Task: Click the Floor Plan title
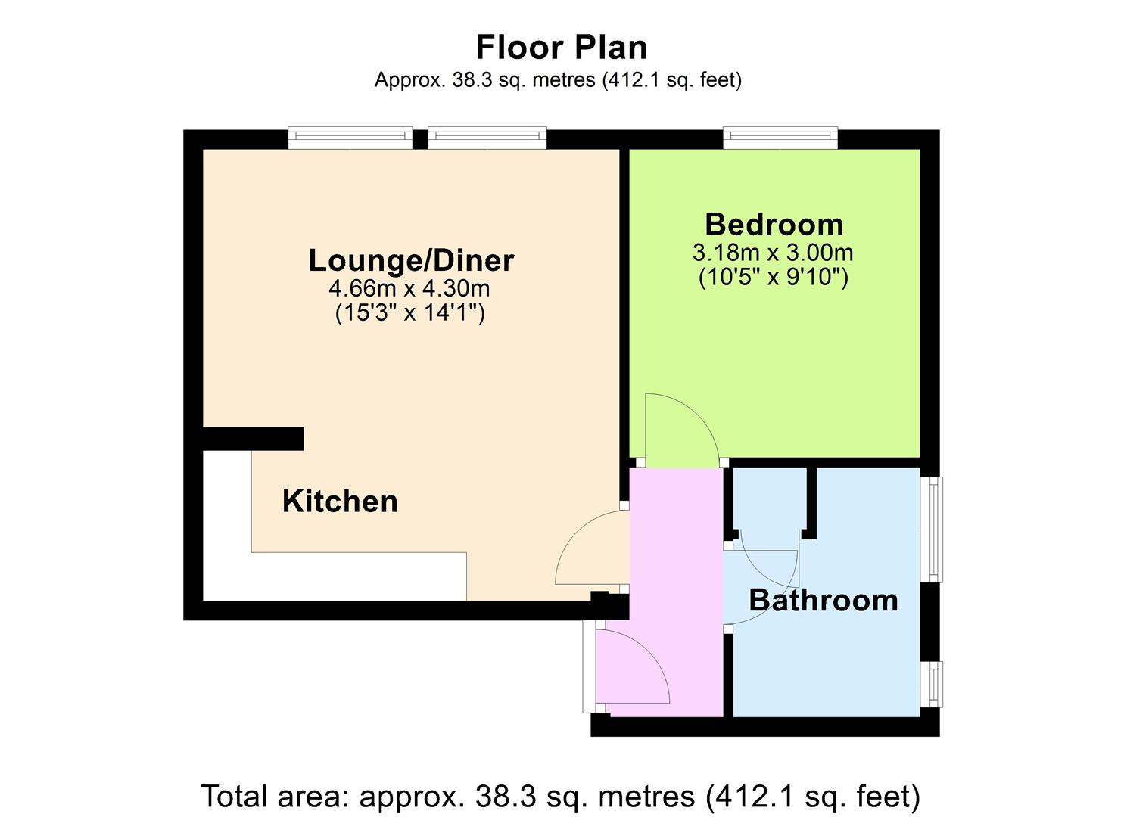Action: tap(562, 47)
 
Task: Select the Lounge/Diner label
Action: tap(411, 260)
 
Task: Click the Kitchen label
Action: tap(340, 501)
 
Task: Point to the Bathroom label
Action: tap(824, 601)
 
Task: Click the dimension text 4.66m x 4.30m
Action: tap(409, 288)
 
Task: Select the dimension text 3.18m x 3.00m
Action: tap(774, 252)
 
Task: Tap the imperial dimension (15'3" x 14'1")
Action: tap(410, 313)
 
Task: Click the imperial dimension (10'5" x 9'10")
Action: tap(774, 277)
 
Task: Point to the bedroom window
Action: tap(780, 138)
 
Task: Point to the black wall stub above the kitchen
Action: tap(253, 438)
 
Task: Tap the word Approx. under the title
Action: tap(410, 80)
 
